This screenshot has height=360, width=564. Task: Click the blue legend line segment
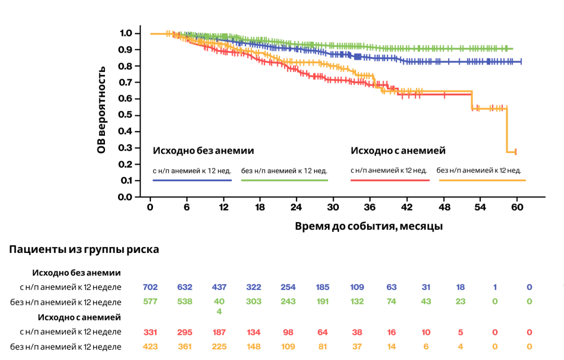(192, 180)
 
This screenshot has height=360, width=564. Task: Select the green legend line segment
(285, 180)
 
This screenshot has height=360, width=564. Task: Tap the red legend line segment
(390, 180)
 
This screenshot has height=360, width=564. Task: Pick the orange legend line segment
(483, 180)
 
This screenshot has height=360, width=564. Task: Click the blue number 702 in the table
(150, 287)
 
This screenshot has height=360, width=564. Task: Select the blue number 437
(219, 287)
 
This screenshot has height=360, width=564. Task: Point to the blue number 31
(426, 287)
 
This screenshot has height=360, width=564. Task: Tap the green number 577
(150, 301)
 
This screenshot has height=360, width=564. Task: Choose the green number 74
(392, 301)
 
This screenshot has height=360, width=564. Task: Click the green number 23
(460, 301)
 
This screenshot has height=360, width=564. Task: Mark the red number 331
(150, 332)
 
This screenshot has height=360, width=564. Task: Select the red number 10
(426, 332)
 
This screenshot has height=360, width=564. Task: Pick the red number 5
(460, 332)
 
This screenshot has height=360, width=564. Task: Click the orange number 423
(150, 346)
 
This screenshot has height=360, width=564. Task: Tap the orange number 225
(219, 346)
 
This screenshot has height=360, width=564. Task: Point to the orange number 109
(288, 346)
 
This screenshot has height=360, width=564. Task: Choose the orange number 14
(392, 346)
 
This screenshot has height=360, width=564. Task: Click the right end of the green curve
(513, 49)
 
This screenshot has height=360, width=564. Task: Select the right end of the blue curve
(521, 62)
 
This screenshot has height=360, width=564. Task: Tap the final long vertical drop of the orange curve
(507, 131)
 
